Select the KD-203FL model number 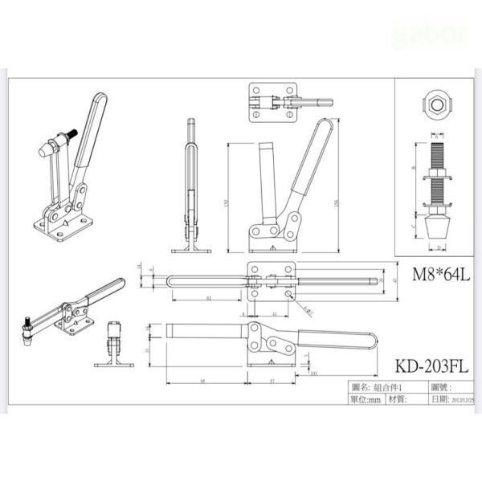(431, 366)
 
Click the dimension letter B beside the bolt (414, 169)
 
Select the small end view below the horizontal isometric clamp (112, 345)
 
